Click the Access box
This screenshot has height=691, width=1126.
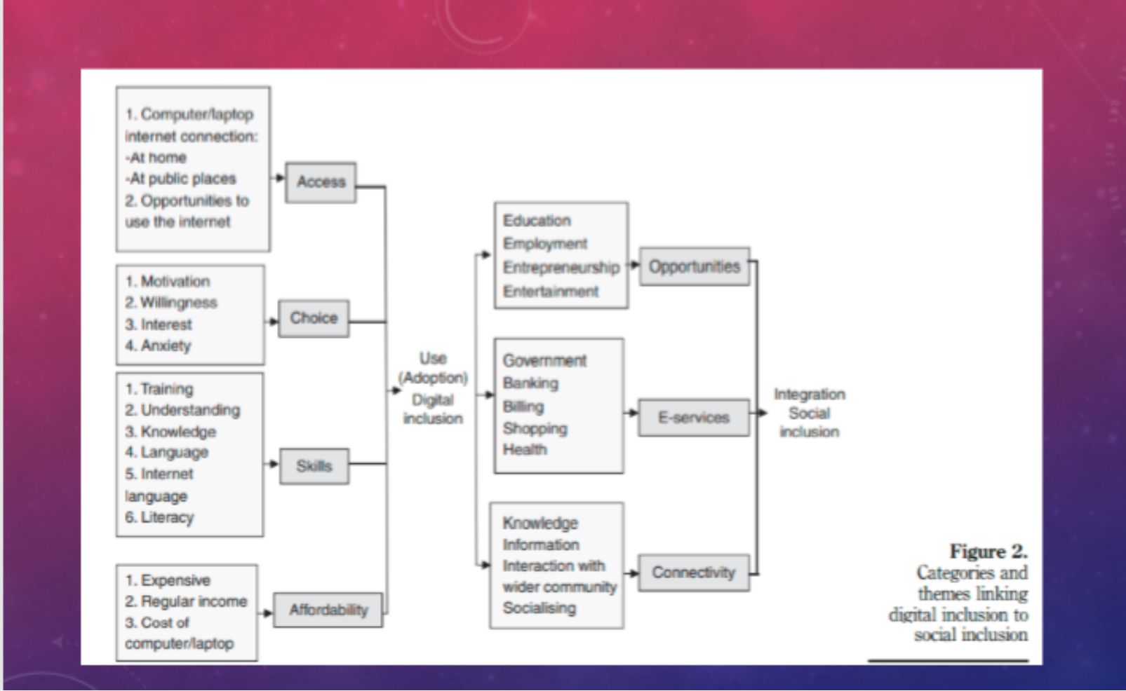[321, 182]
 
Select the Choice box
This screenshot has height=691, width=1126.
[314, 318]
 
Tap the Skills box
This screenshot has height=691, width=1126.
[314, 466]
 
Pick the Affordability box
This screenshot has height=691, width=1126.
[328, 610]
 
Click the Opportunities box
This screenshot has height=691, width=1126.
[694, 266]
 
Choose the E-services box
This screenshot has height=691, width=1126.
[693, 418]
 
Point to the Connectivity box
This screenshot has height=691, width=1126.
[693, 573]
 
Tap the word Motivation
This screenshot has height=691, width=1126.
[175, 281]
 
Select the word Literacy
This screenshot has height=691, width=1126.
[167, 517]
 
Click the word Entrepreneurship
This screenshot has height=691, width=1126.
[561, 268]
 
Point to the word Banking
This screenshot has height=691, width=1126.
[530, 383]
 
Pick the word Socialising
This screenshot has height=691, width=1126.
[539, 608]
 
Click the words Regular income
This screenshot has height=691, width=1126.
[194, 601]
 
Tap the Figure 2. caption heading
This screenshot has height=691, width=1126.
[988, 552]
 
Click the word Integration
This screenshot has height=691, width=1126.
[809, 394]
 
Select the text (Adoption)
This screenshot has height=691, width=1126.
[433, 378]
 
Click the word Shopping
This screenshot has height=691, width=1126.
[535, 428]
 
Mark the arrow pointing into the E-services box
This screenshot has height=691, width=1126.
[631, 413]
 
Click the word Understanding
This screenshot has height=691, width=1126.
[190, 410]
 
